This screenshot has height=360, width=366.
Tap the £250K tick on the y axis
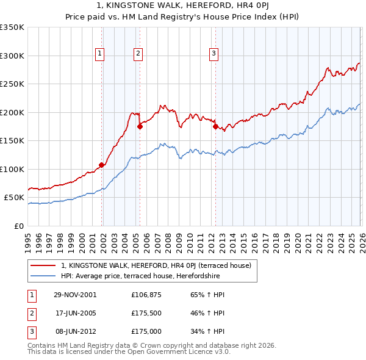tap(12, 84)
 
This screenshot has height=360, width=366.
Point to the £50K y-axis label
tap(14, 198)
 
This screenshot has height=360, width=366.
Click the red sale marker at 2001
tap(102, 165)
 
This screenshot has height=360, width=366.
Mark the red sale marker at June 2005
tap(140, 126)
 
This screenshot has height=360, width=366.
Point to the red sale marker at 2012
tap(215, 126)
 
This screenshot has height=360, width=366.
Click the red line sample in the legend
tap(43, 265)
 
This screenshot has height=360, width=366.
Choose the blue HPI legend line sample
tap(43, 276)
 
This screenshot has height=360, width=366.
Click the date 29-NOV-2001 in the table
tap(74, 295)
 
